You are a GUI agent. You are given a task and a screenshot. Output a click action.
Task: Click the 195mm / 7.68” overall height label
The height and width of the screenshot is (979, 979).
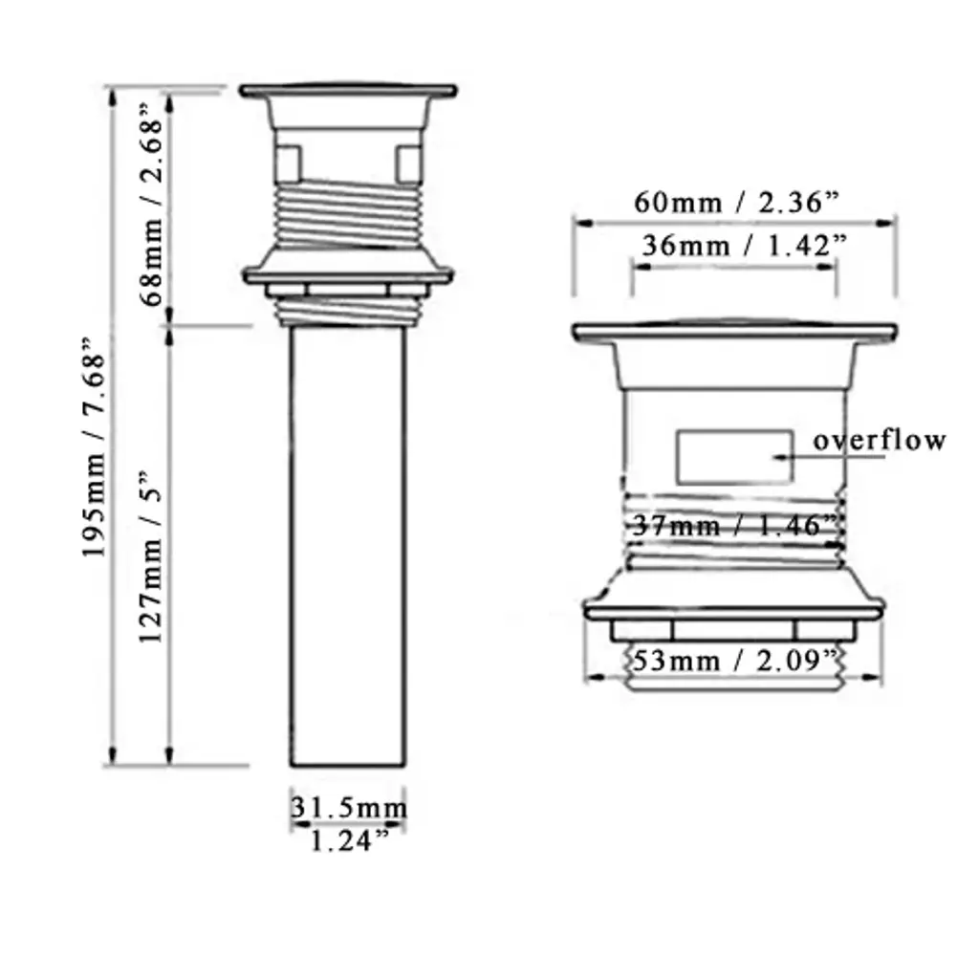tap(94, 447)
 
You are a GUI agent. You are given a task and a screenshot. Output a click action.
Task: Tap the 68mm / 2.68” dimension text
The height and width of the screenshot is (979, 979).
tap(151, 205)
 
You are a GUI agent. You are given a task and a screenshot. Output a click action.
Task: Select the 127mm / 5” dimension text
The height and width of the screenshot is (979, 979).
tap(150, 557)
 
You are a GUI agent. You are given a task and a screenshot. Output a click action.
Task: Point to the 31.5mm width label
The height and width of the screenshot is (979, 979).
tap(348, 808)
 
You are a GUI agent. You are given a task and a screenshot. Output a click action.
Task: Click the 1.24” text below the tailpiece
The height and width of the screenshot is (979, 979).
tap(349, 841)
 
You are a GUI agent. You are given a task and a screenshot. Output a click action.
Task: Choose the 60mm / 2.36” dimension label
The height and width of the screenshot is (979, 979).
tap(737, 203)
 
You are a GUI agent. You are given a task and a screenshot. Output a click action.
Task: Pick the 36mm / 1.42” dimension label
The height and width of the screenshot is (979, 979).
tap(744, 246)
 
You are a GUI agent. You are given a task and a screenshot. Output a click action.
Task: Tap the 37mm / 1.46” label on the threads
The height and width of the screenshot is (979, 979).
tap(734, 526)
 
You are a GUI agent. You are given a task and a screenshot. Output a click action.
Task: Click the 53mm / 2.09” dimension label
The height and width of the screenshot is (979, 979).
tap(734, 660)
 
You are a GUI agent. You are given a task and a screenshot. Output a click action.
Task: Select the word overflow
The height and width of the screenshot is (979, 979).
tap(880, 440)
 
